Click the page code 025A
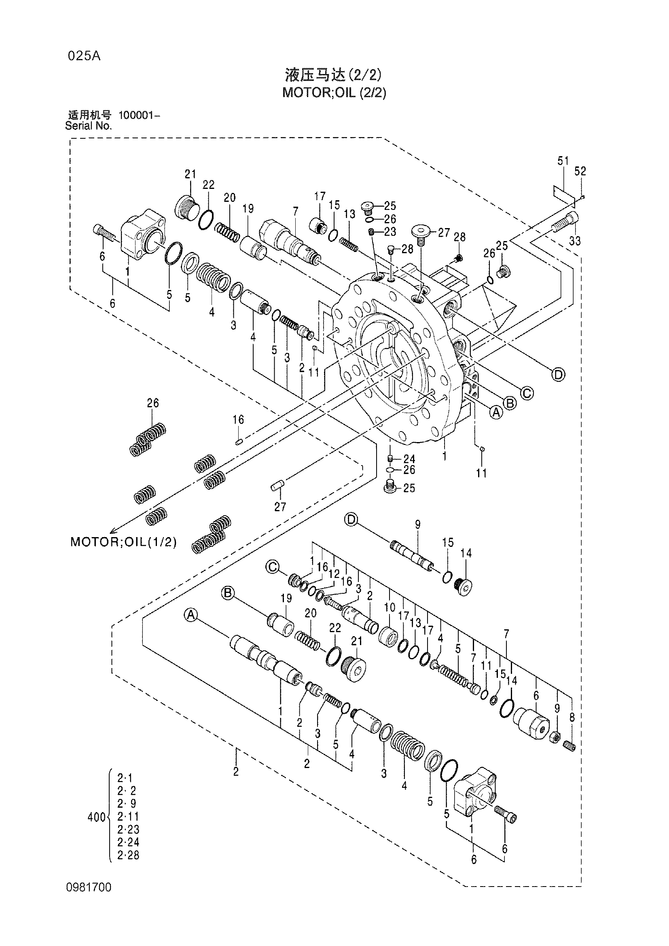click(x=84, y=56)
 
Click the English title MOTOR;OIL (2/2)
click(x=334, y=93)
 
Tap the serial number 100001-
click(x=139, y=115)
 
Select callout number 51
click(x=563, y=161)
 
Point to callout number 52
click(x=580, y=171)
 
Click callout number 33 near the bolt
click(x=575, y=241)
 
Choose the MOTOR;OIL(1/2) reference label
click(x=124, y=542)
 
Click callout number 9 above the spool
click(x=418, y=525)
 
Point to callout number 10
click(x=389, y=607)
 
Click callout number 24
click(x=409, y=459)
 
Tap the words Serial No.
click(x=89, y=126)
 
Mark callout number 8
click(x=572, y=718)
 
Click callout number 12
click(x=334, y=574)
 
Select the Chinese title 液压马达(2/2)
click(x=333, y=75)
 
